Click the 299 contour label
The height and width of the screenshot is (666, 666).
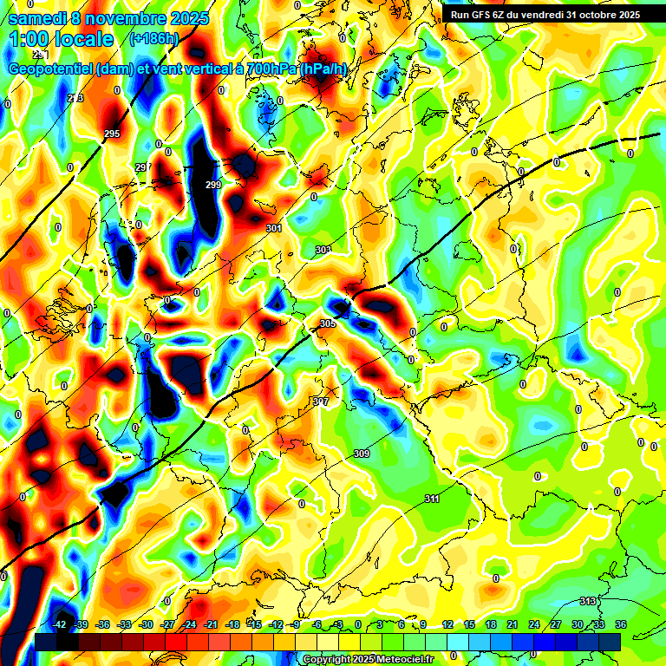click(x=213, y=185)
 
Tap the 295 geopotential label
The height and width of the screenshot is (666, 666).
click(x=112, y=134)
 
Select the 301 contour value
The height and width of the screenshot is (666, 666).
click(x=274, y=229)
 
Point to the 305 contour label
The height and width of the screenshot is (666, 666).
click(x=327, y=323)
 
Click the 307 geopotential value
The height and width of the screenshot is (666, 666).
click(x=321, y=402)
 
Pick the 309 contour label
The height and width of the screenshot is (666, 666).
click(x=362, y=454)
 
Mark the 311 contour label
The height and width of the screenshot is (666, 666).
click(x=432, y=499)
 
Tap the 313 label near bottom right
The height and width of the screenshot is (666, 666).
click(x=588, y=601)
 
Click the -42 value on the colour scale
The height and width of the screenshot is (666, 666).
click(x=60, y=624)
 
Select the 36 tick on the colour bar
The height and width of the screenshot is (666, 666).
click(x=621, y=624)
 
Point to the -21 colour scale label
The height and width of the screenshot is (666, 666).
click(x=211, y=624)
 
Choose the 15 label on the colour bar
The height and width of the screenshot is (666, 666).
click(x=468, y=624)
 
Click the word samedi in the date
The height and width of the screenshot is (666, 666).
click(x=37, y=17)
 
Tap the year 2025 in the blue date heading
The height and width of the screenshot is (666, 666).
click(x=186, y=17)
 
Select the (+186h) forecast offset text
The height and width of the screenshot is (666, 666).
click(x=153, y=38)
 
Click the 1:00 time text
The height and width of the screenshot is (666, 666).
click(x=29, y=39)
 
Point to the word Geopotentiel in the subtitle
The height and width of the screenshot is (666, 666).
click(x=50, y=69)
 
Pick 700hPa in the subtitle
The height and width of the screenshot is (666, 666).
click(x=271, y=69)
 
